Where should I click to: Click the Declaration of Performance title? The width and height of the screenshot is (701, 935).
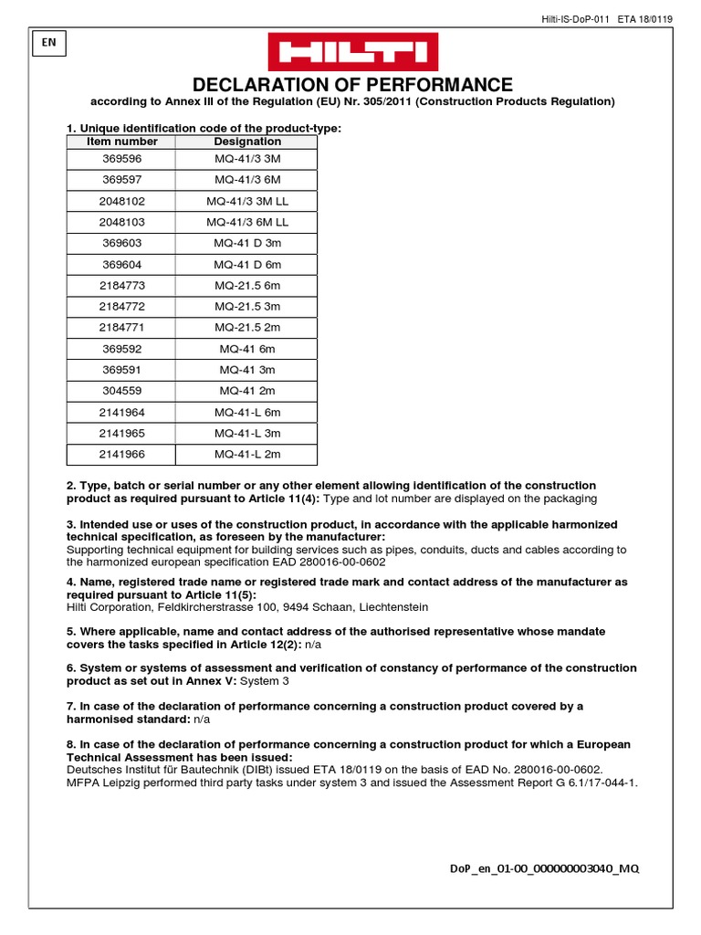coord(351,84)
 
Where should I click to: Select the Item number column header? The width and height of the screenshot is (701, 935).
coord(121,142)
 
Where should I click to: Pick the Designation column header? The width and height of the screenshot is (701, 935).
coord(247,142)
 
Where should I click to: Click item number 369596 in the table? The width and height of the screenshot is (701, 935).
coord(121,159)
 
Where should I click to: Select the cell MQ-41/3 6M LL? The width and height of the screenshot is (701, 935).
coord(247,222)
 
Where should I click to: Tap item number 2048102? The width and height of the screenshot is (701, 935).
coord(121,201)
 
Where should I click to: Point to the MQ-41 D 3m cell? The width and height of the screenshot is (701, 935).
coord(247,243)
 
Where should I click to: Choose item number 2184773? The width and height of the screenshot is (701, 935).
coord(121,285)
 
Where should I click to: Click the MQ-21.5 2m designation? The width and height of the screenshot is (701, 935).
coord(247,327)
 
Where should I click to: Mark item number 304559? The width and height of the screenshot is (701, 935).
coord(121,391)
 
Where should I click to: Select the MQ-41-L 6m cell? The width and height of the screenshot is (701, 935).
coord(247,412)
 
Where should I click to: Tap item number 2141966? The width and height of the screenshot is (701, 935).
coord(121,454)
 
